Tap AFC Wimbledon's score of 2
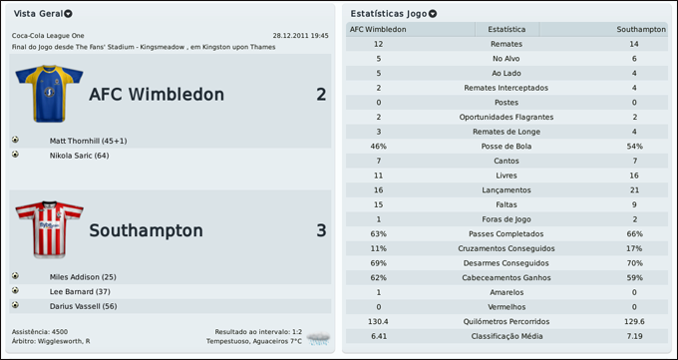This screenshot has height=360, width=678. coord(321,95)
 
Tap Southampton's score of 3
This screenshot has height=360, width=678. coord(321,230)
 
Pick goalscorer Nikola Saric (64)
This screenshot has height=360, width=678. coord(79,155)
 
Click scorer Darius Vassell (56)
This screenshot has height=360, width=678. coord(83,305)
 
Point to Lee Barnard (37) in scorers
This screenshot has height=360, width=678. coord(80,291)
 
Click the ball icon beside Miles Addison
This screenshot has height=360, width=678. coord(16,276)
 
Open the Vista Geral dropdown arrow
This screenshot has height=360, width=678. coord(68,14)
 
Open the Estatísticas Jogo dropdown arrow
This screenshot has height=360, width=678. coord(433,14)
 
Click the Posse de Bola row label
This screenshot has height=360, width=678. coord(508,146)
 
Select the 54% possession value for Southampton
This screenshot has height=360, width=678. coord(634,146)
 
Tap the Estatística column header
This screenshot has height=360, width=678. coord(508,30)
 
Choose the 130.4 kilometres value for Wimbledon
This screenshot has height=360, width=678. coord(378,321)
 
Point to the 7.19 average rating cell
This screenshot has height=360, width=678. coord(634,336)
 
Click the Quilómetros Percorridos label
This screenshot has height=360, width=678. coord(508,321)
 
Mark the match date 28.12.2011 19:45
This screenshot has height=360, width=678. coord(300,35)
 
